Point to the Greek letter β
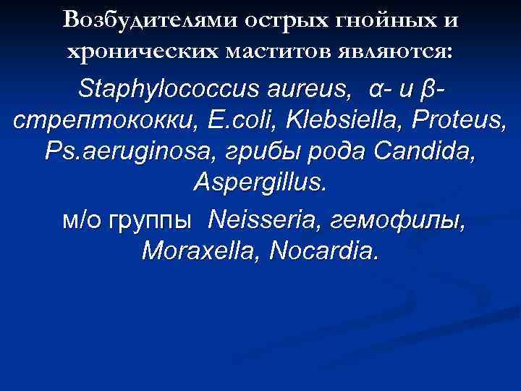[x=426, y=92]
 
